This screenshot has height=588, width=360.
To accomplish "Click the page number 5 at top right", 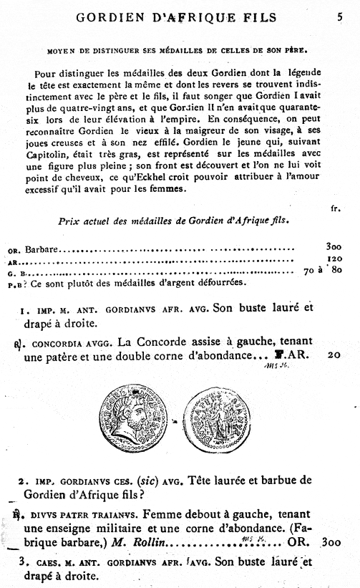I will click(340, 19).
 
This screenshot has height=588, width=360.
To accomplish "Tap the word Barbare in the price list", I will click(42, 250).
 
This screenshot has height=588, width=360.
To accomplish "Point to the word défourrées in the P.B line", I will click(214, 282).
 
